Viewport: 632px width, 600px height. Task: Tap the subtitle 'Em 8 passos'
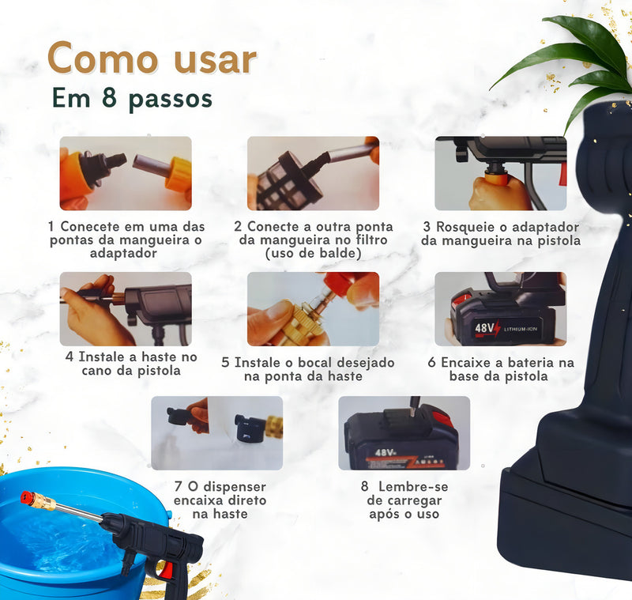132,98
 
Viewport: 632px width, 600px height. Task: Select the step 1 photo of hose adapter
126,172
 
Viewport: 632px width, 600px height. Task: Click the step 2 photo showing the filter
313,172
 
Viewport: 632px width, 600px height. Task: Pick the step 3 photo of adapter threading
500,172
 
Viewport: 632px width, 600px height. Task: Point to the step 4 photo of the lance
126,308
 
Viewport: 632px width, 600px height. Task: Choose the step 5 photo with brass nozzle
313,308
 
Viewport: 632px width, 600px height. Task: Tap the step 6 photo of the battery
500,308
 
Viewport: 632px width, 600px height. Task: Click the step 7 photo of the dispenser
216,432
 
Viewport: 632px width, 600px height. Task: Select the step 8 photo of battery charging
404,432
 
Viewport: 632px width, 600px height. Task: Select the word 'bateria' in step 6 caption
532,362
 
